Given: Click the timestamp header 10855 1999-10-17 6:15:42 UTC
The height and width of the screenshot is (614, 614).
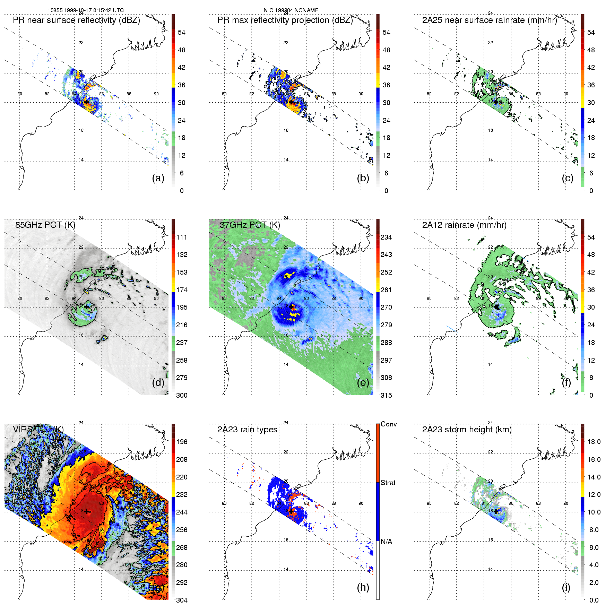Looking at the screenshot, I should click(x=85, y=10).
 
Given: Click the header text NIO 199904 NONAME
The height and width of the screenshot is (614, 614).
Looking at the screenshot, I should click(x=291, y=10).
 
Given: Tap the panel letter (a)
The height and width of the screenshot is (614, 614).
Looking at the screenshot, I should click(x=158, y=178).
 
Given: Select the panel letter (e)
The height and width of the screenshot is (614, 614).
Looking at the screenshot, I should click(x=363, y=382).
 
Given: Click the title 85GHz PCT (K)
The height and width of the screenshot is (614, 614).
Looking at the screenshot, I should click(x=45, y=225).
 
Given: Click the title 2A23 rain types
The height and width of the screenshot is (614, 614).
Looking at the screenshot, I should click(x=247, y=430).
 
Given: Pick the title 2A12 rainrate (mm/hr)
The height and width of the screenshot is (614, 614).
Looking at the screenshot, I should click(x=464, y=225).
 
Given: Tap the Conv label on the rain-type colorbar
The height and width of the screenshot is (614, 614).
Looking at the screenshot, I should click(x=389, y=424).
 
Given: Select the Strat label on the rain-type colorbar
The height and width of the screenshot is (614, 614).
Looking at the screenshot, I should click(x=388, y=483).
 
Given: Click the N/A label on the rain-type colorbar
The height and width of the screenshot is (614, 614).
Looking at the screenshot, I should click(x=386, y=542).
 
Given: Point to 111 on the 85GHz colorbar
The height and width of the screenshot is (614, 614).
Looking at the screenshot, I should click(x=182, y=237).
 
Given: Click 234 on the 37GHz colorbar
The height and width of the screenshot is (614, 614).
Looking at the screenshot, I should click(x=386, y=237).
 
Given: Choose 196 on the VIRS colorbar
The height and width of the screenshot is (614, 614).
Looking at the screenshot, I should click(x=182, y=442).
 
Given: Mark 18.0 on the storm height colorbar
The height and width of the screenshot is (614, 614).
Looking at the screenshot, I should click(x=594, y=442).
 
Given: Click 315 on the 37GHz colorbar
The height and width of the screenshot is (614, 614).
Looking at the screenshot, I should click(x=386, y=395).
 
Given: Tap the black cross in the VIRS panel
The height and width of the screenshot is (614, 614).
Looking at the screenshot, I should click(x=86, y=511).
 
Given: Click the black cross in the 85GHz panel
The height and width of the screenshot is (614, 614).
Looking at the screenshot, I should click(x=86, y=307).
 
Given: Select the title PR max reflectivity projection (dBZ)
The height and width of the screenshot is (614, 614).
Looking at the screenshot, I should click(x=285, y=20).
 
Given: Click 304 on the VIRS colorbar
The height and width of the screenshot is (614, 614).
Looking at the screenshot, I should click(x=182, y=600).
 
